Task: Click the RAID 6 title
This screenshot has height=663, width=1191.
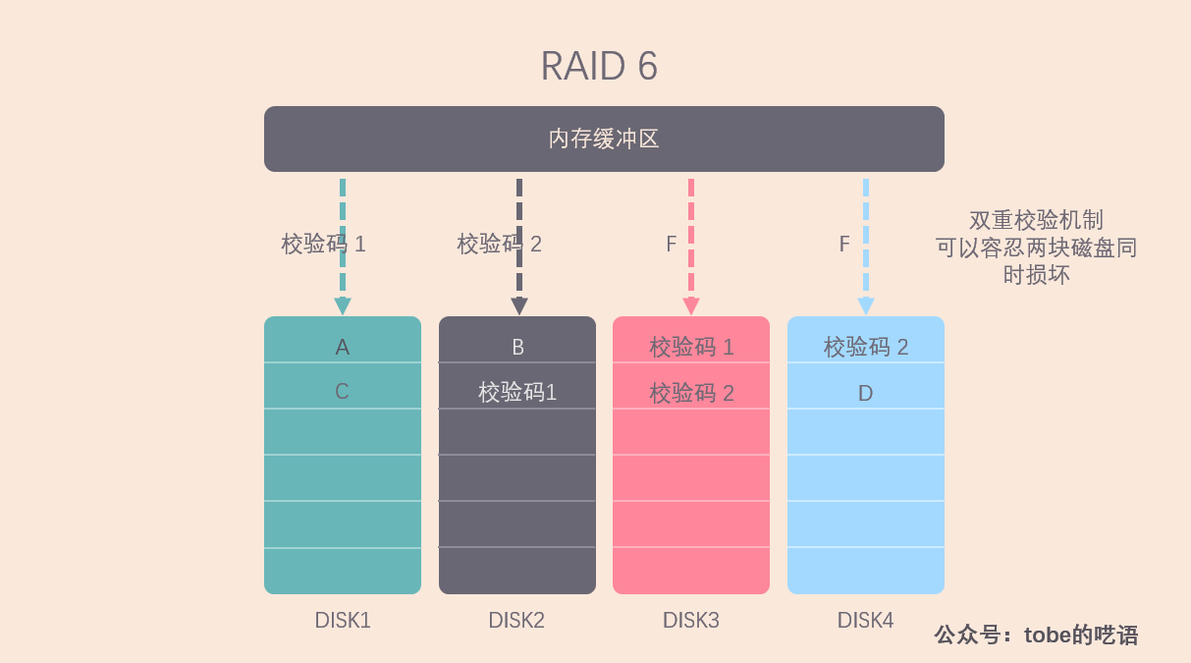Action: (x=599, y=66)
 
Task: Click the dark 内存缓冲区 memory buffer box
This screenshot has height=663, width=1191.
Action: (x=604, y=138)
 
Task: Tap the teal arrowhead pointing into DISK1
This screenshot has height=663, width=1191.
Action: (x=343, y=305)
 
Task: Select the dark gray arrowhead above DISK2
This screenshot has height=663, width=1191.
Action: (x=519, y=305)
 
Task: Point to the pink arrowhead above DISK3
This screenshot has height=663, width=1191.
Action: (x=690, y=305)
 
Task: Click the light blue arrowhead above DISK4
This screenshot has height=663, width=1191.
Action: (x=866, y=305)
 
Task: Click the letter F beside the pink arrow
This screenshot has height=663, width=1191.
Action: (x=671, y=245)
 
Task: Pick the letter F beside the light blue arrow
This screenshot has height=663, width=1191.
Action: (x=844, y=245)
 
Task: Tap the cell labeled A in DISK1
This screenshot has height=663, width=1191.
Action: (x=343, y=340)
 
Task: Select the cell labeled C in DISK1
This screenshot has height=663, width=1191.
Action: (x=343, y=386)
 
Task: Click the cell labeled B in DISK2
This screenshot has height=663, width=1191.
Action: (x=517, y=340)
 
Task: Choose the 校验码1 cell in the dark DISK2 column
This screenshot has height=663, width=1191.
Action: (x=517, y=386)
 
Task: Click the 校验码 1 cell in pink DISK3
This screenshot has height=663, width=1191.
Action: (x=691, y=340)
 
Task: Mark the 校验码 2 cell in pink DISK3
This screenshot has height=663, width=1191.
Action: (x=691, y=386)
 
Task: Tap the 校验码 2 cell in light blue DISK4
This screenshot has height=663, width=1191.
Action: (x=866, y=340)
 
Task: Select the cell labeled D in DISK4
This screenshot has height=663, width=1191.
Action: (x=866, y=386)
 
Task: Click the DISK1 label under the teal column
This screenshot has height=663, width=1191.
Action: (x=343, y=621)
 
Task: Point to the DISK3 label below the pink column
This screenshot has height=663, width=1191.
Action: (x=690, y=621)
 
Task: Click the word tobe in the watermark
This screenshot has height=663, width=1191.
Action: (x=1047, y=635)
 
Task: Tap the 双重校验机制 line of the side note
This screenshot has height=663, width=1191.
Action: (x=1036, y=220)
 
